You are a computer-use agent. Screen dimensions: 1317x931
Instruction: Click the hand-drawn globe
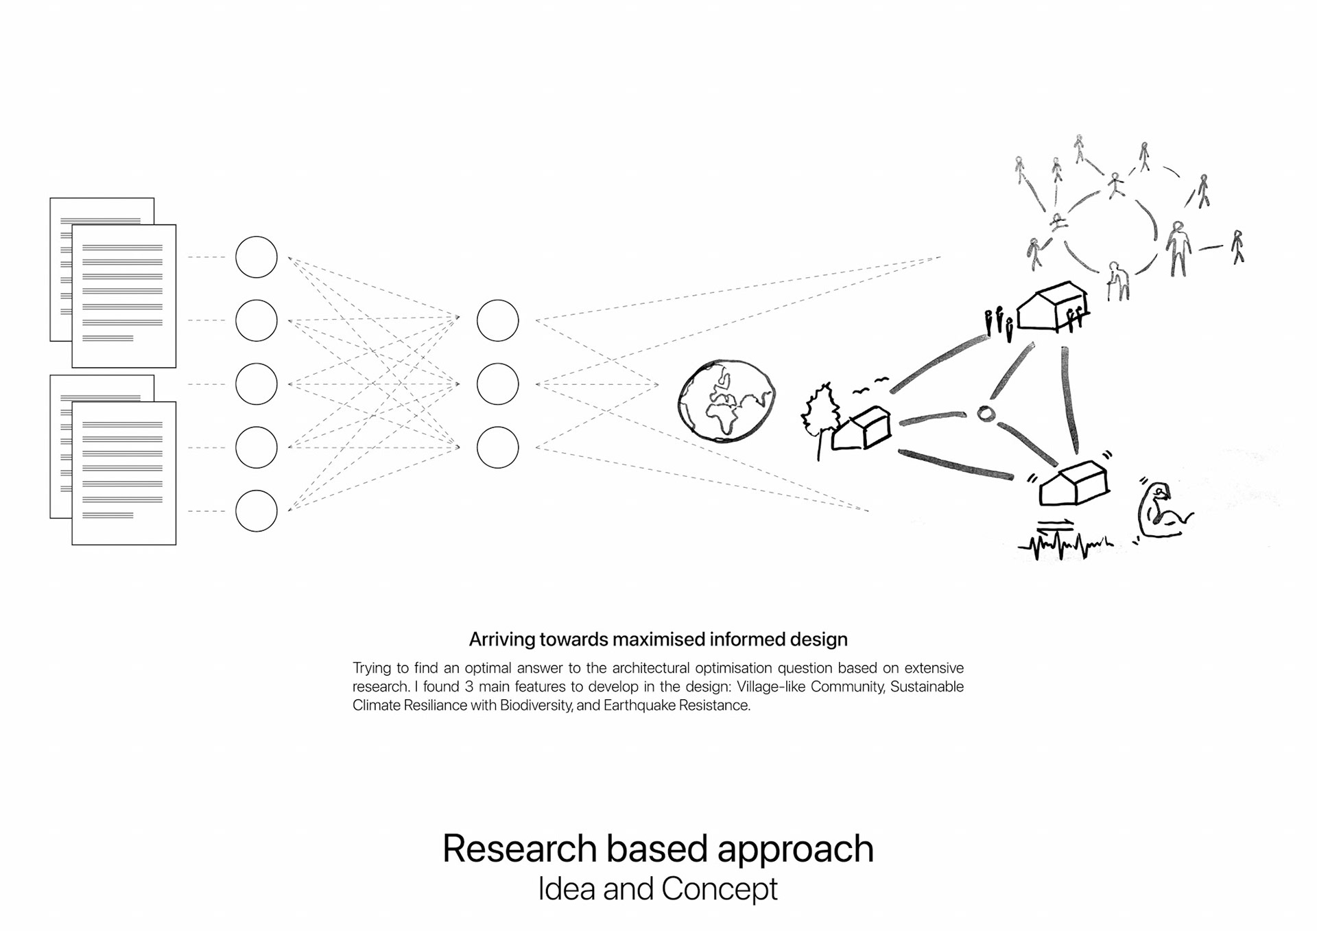tap(726, 401)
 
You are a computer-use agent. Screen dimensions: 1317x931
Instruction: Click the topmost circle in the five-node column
tap(256, 257)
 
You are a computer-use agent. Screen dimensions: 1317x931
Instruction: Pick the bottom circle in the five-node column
tap(256, 511)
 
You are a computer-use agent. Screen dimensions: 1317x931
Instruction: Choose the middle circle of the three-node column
tap(497, 384)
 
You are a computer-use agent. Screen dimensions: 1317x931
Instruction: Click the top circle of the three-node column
tap(497, 320)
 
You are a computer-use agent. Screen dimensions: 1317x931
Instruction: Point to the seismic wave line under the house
tap(1065, 546)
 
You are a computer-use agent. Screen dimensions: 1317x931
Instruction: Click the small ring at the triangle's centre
tap(985, 414)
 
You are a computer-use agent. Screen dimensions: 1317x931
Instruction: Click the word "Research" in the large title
tap(519, 849)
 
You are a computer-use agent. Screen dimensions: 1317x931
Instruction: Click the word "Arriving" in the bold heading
tap(501, 639)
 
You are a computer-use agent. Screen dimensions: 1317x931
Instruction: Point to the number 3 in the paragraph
tap(469, 687)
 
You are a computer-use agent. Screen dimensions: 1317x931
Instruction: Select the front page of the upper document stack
tap(124, 296)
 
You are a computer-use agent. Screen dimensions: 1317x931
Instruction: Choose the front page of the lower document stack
tap(124, 473)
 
